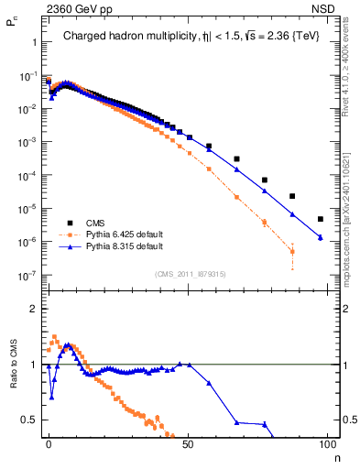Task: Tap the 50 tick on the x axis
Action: tap(189, 444)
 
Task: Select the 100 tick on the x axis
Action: tap(328, 444)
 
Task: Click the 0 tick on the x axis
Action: tap(49, 444)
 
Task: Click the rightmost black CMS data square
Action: tap(320, 219)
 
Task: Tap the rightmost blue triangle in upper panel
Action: tap(320, 237)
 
